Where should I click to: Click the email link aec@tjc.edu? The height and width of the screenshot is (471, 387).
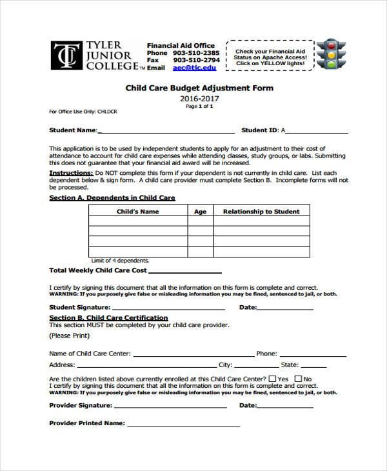195,67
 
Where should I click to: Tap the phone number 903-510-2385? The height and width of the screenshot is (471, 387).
196,52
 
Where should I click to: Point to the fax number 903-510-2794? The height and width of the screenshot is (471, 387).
196,59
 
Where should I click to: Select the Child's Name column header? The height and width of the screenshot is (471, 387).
137,211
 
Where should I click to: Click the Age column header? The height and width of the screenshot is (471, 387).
201,211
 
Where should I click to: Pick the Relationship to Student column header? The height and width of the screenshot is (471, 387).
261,211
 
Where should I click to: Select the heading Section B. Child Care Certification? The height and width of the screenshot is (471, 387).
108,317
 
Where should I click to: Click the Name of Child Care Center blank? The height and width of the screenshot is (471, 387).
192,354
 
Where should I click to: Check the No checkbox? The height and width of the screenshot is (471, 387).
298,379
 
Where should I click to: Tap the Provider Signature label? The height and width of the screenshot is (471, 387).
81,405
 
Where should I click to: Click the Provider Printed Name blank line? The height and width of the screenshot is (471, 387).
183,425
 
